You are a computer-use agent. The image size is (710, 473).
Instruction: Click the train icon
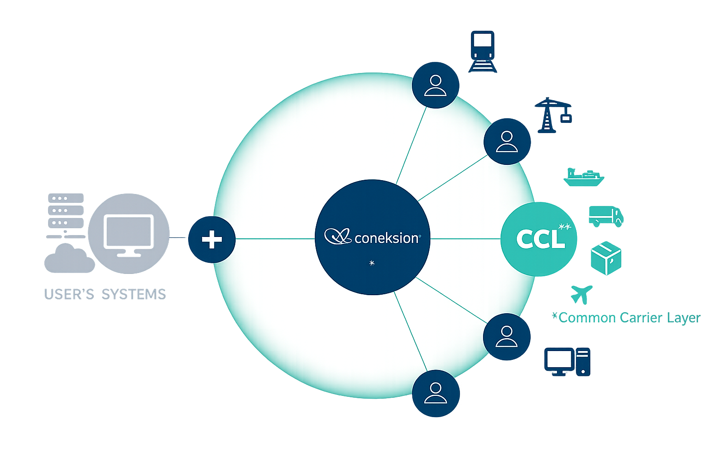[483, 51]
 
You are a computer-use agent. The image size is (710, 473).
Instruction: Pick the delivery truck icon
[606, 216]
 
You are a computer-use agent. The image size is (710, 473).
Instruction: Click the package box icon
[606, 258]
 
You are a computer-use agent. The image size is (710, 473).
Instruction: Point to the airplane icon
[581, 294]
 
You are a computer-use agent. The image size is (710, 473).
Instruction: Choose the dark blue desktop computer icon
[567, 362]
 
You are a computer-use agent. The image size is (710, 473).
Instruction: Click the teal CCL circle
[539, 239]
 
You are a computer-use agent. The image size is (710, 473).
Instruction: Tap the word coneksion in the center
[386, 238]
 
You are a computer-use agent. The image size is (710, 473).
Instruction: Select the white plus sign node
[212, 239]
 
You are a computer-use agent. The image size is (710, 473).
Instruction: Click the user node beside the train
[435, 85]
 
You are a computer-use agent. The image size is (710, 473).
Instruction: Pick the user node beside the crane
[507, 141]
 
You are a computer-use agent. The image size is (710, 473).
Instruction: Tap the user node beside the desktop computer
[506, 337]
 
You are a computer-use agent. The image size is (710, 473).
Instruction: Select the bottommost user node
[435, 393]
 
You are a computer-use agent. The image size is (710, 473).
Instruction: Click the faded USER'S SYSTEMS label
[105, 294]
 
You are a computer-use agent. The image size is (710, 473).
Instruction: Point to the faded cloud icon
[69, 260]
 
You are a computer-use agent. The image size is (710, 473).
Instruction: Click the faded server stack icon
[66, 211]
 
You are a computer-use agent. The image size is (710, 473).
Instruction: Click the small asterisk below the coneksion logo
[372, 263]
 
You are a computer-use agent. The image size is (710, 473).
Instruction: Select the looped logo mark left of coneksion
[338, 236]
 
